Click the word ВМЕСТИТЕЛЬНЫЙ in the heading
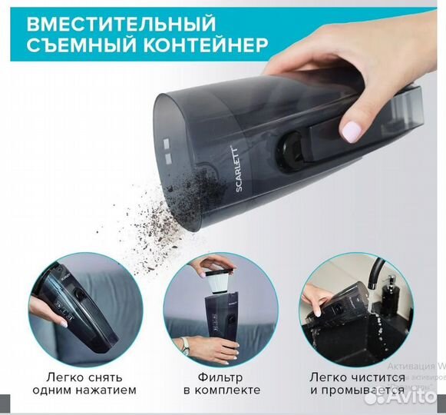121,22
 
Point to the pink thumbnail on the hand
352,131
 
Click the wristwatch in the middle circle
184,343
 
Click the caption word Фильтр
222,377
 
